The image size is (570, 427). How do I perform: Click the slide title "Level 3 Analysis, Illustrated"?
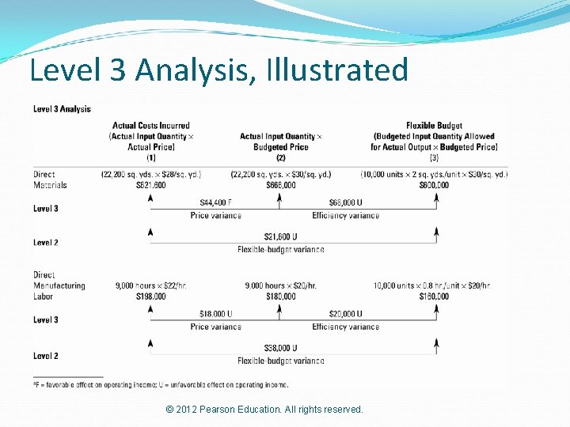pyautogui.click(x=218, y=70)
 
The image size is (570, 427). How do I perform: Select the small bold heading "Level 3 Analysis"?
pyautogui.click(x=62, y=109)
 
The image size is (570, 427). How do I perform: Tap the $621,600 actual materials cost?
pyautogui.click(x=150, y=185)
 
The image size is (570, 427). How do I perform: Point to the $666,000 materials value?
pyautogui.click(x=281, y=185)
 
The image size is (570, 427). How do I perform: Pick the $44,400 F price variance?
pyautogui.click(x=215, y=202)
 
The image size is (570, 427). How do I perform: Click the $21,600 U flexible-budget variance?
pyautogui.click(x=281, y=237)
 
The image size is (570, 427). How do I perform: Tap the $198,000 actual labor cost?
pyautogui.click(x=150, y=297)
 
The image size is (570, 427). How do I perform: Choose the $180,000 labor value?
pyautogui.click(x=281, y=297)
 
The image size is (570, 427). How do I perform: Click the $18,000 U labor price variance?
pyautogui.click(x=215, y=314)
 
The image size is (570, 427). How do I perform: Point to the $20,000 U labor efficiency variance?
pyautogui.click(x=345, y=314)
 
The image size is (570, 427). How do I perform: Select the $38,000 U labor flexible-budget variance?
pyautogui.click(x=281, y=349)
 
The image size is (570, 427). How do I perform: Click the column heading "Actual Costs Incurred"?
pyautogui.click(x=150, y=126)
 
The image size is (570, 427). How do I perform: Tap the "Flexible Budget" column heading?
pyautogui.click(x=434, y=126)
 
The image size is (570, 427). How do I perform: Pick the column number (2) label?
pyautogui.click(x=281, y=157)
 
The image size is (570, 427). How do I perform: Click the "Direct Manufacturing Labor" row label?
pyautogui.click(x=59, y=285)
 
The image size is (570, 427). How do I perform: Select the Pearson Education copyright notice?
pyautogui.click(x=264, y=410)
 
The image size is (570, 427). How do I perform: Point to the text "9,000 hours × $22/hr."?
pyautogui.click(x=150, y=285)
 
